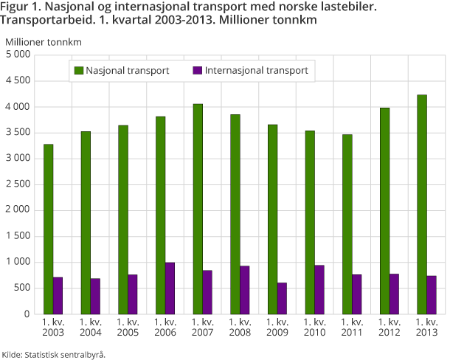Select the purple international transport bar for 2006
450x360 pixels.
[x=170, y=288]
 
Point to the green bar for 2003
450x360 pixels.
[x=48, y=229]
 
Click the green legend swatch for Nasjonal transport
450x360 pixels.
[x=77, y=71]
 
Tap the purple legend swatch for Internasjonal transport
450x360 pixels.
[x=197, y=71]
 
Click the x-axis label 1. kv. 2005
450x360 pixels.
[x=128, y=328]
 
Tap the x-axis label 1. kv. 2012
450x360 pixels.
[x=390, y=328]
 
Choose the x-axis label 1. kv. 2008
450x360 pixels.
[x=240, y=328]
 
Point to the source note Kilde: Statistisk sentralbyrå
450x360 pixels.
[x=54, y=353]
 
